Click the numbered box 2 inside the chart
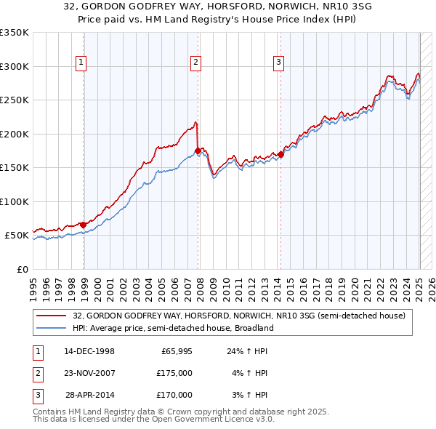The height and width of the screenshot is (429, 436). tap(195, 63)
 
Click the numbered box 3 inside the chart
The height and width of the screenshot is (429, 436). tap(278, 63)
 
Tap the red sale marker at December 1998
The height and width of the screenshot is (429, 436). tap(84, 225)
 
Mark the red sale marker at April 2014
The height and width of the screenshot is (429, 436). tap(281, 154)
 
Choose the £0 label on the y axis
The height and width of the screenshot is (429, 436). tap(22, 269)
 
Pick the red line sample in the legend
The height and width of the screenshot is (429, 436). tap(51, 316)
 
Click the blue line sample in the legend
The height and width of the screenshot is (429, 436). tap(51, 328)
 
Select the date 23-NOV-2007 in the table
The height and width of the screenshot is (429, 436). tap(89, 373)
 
